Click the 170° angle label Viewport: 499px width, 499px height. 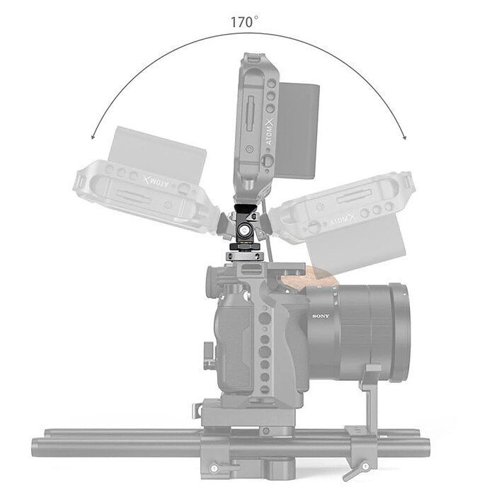244,21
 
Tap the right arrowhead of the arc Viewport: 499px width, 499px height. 403,138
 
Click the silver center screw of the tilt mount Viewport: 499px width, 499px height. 244,229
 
